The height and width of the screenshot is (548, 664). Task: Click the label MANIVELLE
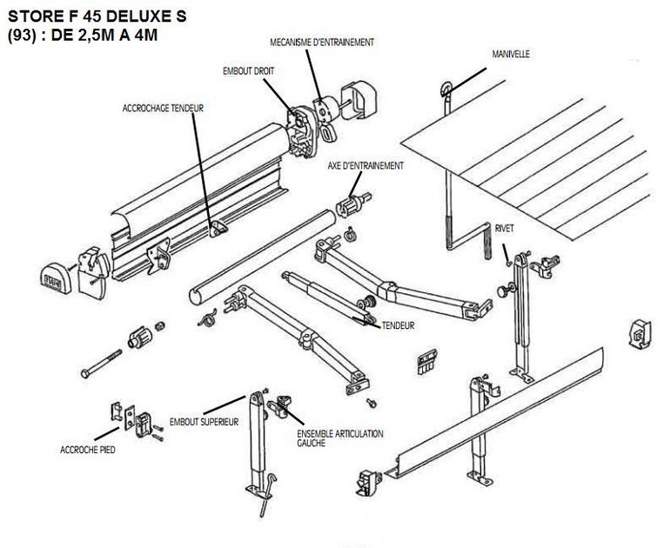click(510, 54)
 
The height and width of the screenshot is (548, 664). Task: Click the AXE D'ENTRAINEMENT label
click(366, 164)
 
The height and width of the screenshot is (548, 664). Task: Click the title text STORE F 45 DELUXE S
click(95, 16)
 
